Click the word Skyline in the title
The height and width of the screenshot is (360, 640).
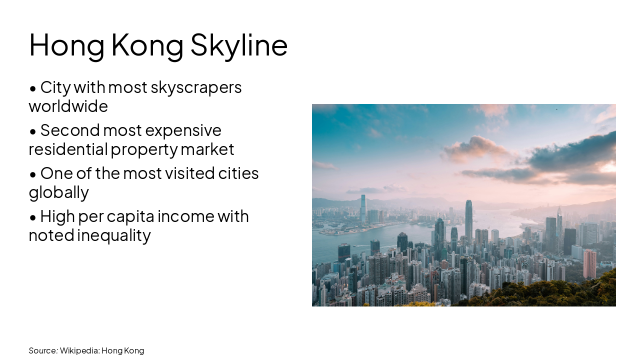[x=239, y=45]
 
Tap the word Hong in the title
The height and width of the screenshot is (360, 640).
[x=66, y=45]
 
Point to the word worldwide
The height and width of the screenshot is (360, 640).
[x=68, y=106]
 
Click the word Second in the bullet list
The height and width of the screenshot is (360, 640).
[x=69, y=130]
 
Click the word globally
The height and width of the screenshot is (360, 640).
[x=58, y=192]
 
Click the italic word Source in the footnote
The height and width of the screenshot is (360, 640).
[x=42, y=350]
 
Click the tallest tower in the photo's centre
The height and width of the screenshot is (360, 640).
[x=468, y=220]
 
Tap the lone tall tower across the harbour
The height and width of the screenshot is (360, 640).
[x=363, y=207]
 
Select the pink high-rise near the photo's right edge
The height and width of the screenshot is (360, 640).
[x=590, y=263]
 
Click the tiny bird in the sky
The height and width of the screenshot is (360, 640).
[x=556, y=109]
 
